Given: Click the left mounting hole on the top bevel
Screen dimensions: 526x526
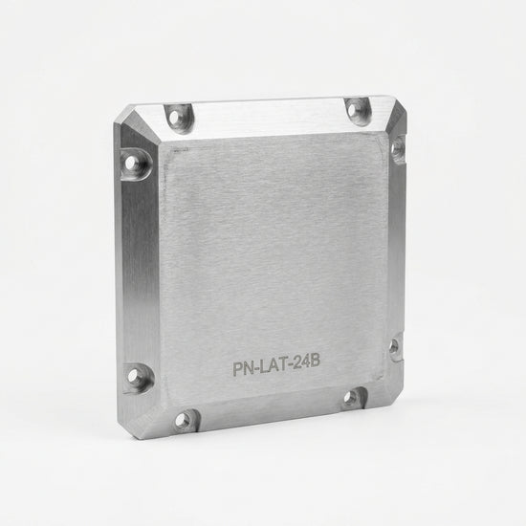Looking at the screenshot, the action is pos(174,117).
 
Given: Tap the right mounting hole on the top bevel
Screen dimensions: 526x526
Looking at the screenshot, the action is pos(353,110).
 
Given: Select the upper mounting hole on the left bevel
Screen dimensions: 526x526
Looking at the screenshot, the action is pos(130,164).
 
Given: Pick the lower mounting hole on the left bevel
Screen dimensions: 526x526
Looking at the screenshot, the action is pos(133,377).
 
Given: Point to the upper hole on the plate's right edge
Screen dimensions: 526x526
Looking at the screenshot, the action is pos(398,147).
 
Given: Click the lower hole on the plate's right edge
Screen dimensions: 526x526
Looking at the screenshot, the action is pos(394,345).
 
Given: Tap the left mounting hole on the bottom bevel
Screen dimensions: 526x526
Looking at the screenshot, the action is pos(182,419).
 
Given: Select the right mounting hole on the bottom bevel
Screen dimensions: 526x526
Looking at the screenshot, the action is pos(351,398).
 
